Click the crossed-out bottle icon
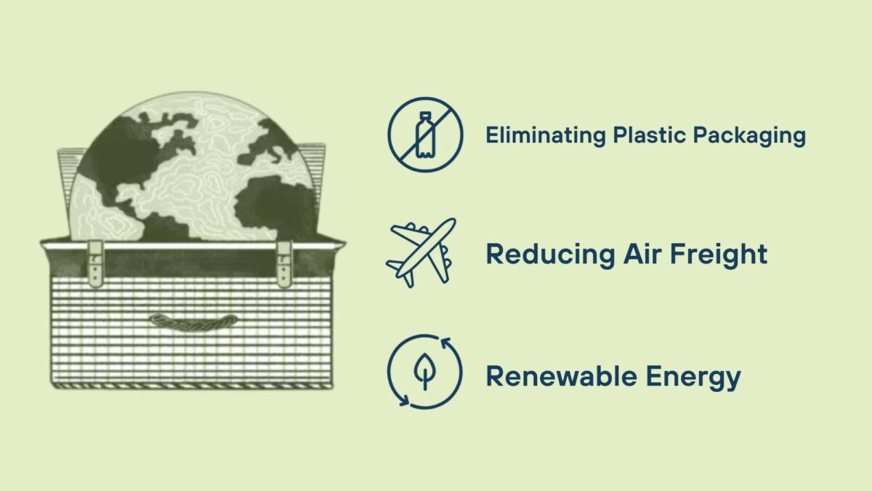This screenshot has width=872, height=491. [x=424, y=135]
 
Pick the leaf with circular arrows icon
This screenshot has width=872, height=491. [x=424, y=371]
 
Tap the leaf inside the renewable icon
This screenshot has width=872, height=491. [x=424, y=370]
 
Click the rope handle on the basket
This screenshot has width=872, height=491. [x=193, y=321]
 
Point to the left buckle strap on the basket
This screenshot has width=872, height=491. [x=95, y=262]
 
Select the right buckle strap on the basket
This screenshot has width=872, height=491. [x=283, y=262]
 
